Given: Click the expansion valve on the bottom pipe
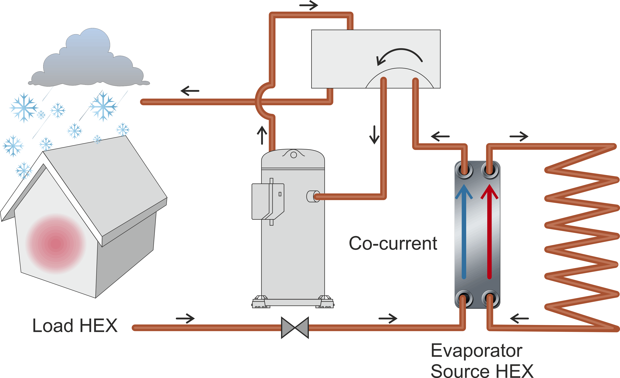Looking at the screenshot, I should (295, 328).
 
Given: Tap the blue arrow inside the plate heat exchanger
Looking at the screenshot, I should (464, 232).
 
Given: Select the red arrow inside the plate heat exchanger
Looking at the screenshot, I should (489, 232).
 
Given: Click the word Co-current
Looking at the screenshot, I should (393, 243).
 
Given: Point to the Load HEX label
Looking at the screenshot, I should (75, 326).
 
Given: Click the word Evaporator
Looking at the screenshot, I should (477, 351).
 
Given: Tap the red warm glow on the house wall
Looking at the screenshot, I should (56, 243).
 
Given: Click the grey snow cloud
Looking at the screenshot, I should (88, 63).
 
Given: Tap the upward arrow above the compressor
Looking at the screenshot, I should (262, 135).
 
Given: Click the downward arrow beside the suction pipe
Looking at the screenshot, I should (374, 135).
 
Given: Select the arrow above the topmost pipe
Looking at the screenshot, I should (309, 5).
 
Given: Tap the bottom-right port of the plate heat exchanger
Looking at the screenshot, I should (490, 299).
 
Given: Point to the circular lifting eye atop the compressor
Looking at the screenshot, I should (293, 155).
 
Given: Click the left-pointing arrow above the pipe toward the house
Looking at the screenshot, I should (190, 91).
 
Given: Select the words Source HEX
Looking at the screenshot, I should (482, 370).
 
